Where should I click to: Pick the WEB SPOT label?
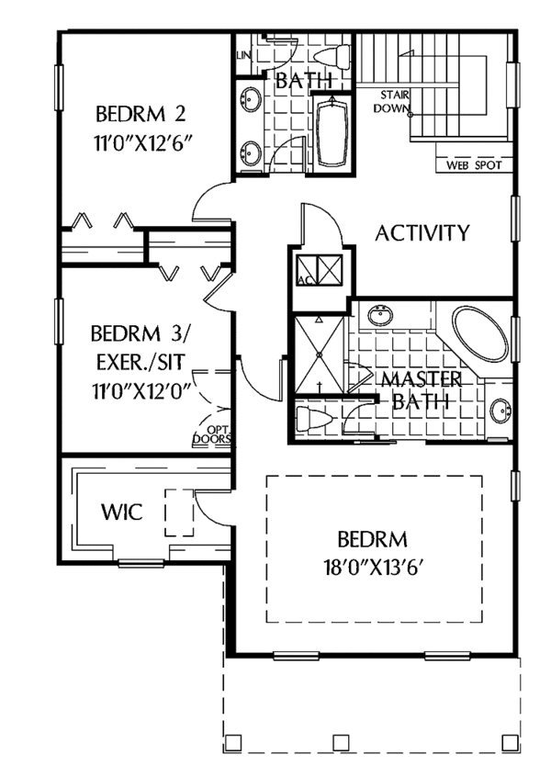coord(471,166)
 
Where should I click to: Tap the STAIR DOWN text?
coord(391,101)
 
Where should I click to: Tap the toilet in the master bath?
coord(312,422)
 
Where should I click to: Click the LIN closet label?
coord(243,56)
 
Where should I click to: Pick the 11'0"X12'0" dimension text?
coord(141,388)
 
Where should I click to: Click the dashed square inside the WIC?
coord(178,512)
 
